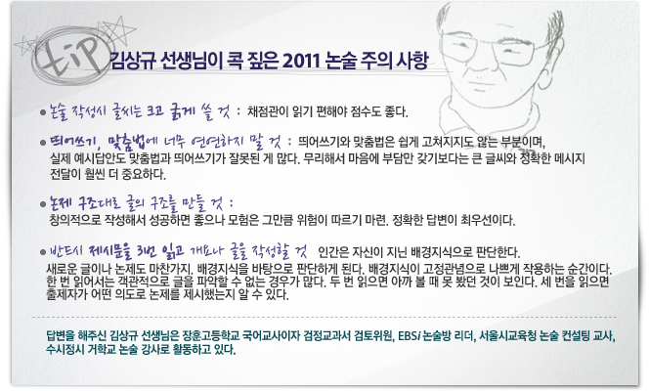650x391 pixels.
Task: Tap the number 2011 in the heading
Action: pyautogui.click(x=301, y=62)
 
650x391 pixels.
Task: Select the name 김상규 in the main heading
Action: pyautogui.click(x=133, y=62)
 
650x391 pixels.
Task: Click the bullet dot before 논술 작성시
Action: pyautogui.click(x=43, y=112)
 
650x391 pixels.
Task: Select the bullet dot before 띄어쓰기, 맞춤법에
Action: pyautogui.click(x=43, y=143)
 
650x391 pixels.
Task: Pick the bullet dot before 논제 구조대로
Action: pyautogui.click(x=43, y=204)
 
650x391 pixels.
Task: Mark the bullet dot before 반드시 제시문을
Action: pyautogui.click(x=43, y=252)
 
